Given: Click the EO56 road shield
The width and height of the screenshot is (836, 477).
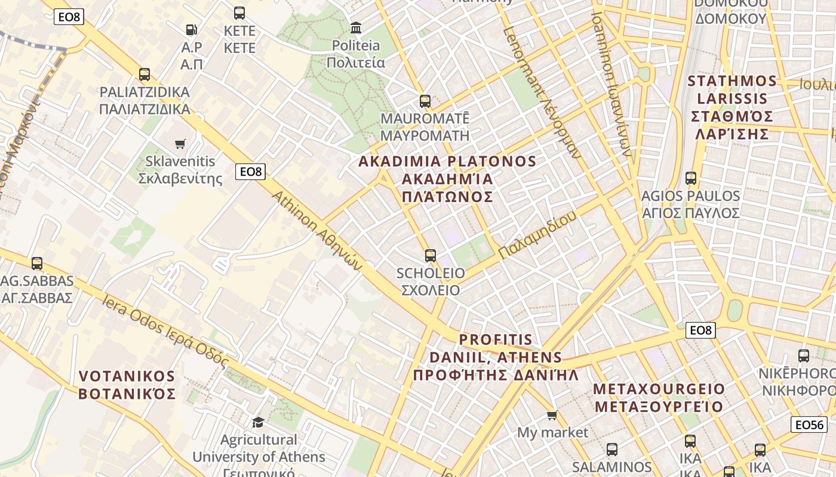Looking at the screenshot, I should [810, 425].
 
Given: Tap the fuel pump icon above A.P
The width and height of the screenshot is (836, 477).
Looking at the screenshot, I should [192, 29].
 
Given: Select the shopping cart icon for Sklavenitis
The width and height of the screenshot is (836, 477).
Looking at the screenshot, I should [180, 144].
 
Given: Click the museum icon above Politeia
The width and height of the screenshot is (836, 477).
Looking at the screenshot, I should [356, 27].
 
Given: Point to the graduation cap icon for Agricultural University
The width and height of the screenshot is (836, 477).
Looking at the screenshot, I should [258, 422].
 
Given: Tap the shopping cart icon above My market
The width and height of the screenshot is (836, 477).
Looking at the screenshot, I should [552, 415].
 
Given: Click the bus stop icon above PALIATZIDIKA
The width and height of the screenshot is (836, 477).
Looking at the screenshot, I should [145, 75].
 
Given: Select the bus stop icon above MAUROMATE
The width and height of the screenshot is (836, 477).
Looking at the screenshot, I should [425, 101].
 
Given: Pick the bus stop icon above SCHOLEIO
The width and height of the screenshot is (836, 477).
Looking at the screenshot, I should [430, 256].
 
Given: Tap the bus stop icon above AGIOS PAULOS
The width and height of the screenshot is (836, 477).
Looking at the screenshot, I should [690, 178].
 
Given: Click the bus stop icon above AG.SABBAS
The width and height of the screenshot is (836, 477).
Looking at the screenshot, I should [37, 263].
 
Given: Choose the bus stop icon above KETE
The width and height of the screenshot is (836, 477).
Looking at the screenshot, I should [239, 13].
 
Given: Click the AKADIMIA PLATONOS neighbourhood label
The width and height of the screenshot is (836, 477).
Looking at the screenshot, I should [447, 179].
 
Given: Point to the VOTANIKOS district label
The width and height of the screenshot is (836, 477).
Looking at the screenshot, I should [127, 385].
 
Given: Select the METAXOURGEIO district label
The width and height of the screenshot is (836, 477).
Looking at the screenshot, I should [659, 398].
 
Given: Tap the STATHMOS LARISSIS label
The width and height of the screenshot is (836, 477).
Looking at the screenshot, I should [732, 107].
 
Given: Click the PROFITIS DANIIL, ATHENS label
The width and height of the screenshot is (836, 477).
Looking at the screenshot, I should [496, 358].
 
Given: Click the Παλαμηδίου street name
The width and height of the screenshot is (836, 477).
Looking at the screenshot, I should [537, 236].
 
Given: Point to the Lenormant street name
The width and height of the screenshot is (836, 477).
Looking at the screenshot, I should [541, 92].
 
